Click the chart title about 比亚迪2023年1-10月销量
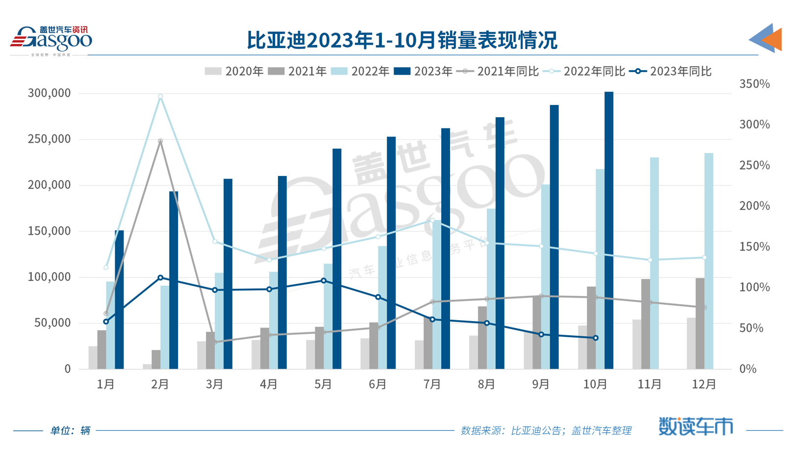[x=402, y=40]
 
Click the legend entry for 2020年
[x=234, y=72]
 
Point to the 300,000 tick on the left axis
[x=49, y=93]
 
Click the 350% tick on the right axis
[x=754, y=84]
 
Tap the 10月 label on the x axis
[x=596, y=384]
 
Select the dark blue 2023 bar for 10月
[x=609, y=230]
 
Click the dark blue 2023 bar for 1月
[x=120, y=299]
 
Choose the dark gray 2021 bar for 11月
[x=646, y=324]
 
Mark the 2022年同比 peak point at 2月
[x=160, y=97]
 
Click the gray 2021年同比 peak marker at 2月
[x=160, y=141]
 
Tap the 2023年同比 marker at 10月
[x=596, y=338]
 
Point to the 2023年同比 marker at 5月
[x=324, y=281]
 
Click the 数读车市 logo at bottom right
[x=696, y=427]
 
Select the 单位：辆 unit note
[x=70, y=430]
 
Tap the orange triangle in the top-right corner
[x=773, y=39]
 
